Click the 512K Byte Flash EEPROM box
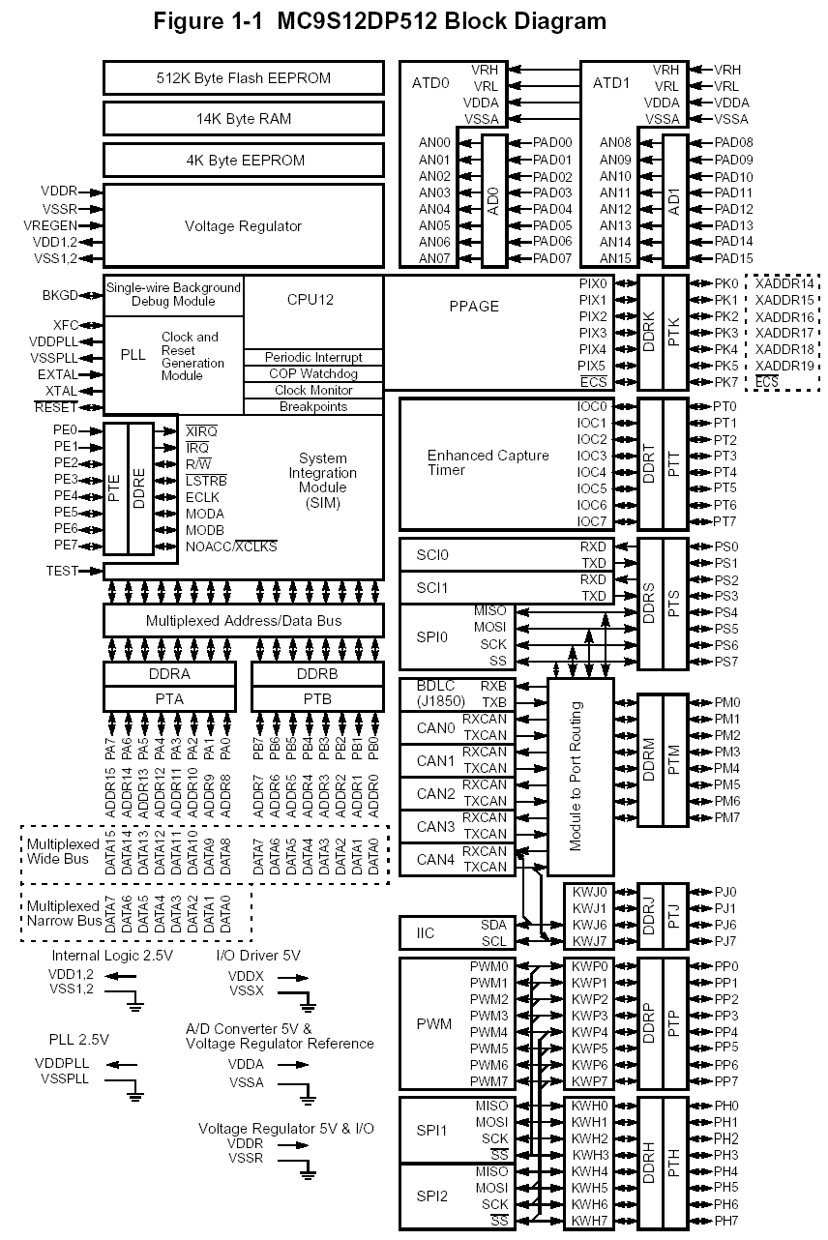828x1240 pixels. (x=243, y=78)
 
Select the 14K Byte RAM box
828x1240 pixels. (x=243, y=119)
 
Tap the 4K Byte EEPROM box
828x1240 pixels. (x=243, y=161)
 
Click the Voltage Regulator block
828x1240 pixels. (x=243, y=225)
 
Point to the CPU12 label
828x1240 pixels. (x=310, y=300)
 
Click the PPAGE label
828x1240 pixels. (x=474, y=307)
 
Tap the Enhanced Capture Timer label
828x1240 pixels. (x=488, y=462)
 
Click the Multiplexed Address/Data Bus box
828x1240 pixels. (x=243, y=620)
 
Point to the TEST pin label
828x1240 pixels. (x=62, y=571)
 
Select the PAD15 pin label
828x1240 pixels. (x=733, y=258)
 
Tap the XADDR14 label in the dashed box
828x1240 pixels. (x=784, y=283)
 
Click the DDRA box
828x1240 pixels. (x=169, y=674)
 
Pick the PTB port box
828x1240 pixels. (x=317, y=697)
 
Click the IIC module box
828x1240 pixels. (x=426, y=932)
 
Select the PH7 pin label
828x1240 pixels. (x=725, y=1222)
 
